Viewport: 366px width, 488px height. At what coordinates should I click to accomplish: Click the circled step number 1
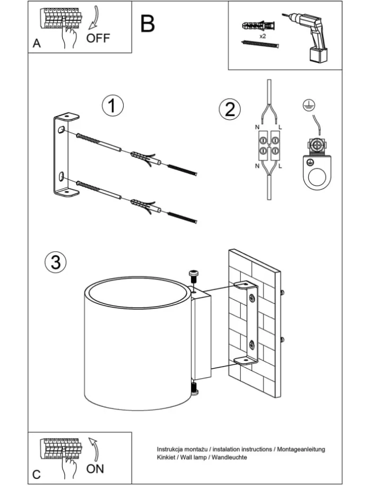click(x=112, y=106)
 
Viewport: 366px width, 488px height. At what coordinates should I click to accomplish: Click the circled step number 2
click(x=229, y=109)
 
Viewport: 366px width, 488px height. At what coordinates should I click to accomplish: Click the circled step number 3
click(x=55, y=262)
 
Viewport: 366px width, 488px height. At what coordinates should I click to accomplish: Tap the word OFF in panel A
click(x=98, y=38)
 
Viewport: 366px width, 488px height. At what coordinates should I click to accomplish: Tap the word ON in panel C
click(x=95, y=468)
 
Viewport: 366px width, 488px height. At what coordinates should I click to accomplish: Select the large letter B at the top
click(x=147, y=23)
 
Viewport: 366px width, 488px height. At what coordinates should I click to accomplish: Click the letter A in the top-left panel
click(x=37, y=44)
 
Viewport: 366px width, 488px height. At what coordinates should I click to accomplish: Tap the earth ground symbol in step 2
click(x=306, y=106)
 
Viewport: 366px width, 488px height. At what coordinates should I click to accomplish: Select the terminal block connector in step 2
click(x=269, y=147)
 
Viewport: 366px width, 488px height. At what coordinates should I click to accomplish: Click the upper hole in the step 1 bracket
click(x=62, y=130)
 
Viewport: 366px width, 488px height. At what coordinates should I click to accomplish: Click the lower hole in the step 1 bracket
click(x=62, y=176)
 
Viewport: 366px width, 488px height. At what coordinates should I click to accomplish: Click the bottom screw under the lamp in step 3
click(x=194, y=388)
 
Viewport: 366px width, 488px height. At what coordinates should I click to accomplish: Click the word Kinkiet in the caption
click(x=166, y=457)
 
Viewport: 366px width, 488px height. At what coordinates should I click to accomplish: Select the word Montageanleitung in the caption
click(x=301, y=449)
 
